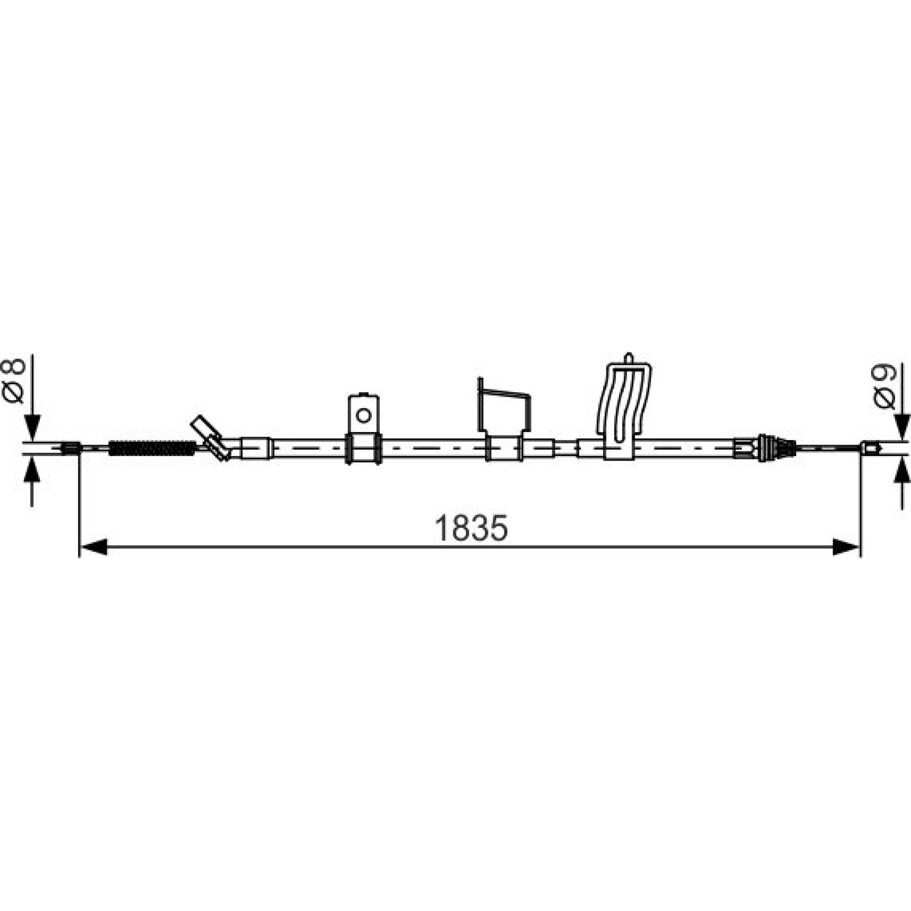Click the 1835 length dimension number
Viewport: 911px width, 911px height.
coord(471,528)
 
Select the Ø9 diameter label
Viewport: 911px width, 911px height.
coord(885,387)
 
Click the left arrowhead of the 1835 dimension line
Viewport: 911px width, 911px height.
coord(93,547)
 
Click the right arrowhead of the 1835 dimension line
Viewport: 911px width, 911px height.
coord(846,547)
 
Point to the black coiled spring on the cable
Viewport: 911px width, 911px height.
coord(151,448)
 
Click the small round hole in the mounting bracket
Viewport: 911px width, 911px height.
coord(363,415)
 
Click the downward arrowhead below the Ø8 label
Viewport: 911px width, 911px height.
coord(32,428)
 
